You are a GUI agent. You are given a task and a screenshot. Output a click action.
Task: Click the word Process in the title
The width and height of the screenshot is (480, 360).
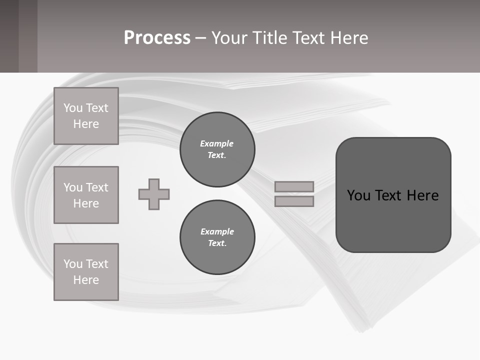click(157, 38)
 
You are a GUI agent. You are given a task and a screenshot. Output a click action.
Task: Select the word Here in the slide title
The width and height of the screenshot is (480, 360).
click(348, 38)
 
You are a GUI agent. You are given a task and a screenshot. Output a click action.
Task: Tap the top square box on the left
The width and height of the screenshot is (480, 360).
click(86, 116)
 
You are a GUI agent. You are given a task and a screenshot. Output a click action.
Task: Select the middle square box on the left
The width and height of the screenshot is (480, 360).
click(86, 195)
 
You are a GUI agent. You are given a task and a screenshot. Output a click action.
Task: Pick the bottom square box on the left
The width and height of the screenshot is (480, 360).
click(86, 272)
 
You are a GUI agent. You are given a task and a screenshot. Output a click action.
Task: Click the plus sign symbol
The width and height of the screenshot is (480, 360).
click(154, 194)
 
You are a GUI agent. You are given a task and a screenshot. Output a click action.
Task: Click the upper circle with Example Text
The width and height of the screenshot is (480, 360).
click(217, 149)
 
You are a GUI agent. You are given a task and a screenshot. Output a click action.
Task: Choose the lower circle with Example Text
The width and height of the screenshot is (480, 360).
click(217, 237)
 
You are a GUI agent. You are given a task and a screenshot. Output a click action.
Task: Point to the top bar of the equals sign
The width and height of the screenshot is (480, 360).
click(294, 186)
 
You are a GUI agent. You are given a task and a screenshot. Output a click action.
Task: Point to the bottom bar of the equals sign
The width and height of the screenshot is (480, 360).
click(294, 201)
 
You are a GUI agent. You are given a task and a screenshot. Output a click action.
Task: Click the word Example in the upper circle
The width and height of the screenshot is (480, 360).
click(216, 143)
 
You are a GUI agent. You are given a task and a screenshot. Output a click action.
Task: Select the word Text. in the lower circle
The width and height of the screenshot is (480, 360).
click(217, 243)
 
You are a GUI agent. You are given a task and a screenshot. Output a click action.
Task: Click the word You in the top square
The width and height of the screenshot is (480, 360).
click(72, 108)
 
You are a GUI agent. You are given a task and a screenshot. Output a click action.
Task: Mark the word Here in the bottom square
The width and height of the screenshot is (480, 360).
click(86, 280)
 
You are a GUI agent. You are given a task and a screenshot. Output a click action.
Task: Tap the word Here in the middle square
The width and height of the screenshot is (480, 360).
click(86, 203)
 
